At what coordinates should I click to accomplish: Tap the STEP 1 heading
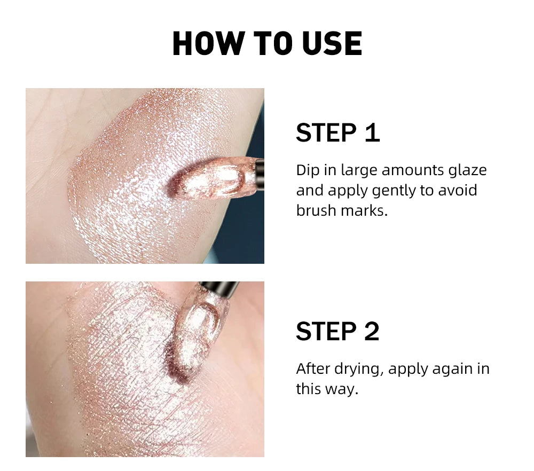[x=337, y=133]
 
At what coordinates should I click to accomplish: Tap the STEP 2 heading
[x=337, y=332]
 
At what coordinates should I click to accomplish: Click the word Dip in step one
[x=307, y=171]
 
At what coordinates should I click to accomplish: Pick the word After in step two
[x=313, y=369]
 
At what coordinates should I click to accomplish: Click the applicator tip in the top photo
[x=214, y=179]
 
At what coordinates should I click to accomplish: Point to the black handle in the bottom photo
[x=219, y=289]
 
